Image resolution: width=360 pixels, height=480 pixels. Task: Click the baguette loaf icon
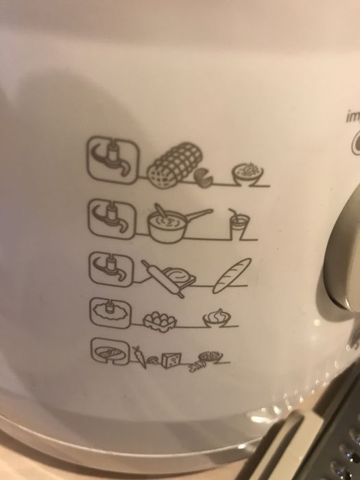[x=232, y=274]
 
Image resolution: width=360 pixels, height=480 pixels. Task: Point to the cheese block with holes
[x=171, y=357]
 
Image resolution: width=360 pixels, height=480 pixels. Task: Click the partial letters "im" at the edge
[x=352, y=117]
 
